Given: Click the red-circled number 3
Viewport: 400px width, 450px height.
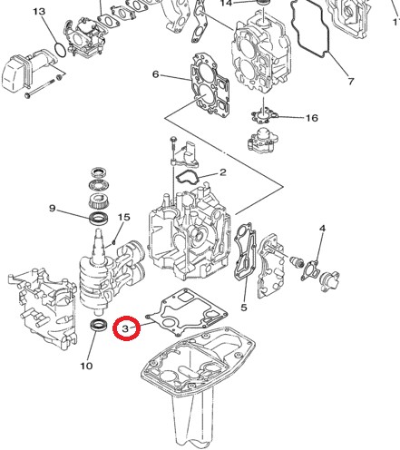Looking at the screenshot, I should click(x=127, y=327).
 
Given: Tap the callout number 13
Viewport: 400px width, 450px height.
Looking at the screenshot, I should click(x=38, y=12).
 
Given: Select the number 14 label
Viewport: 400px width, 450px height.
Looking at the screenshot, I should click(x=226, y=4).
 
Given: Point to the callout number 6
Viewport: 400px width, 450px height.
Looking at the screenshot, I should click(x=155, y=74).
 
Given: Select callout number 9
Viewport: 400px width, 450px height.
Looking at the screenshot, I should click(x=53, y=209).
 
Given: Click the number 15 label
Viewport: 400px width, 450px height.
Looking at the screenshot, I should click(x=125, y=218).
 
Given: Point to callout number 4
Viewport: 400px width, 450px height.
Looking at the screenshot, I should click(x=321, y=240).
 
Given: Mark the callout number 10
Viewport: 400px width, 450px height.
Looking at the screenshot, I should click(x=86, y=366).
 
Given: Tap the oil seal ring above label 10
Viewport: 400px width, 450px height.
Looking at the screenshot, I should click(x=101, y=326).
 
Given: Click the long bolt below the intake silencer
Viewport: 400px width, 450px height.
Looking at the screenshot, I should click(x=50, y=93).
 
